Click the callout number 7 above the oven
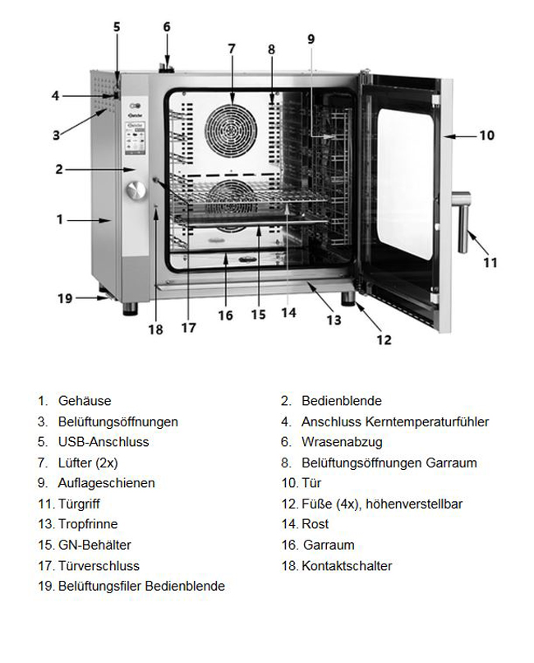coord(232,48)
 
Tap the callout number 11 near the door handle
coord(490,263)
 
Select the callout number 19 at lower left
coord(65,298)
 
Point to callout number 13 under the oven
coord(334,320)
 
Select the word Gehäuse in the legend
coord(85,401)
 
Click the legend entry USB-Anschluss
coord(104,442)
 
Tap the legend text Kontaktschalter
coord(347,566)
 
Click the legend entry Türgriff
coord(79,504)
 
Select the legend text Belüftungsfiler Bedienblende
coord(141,587)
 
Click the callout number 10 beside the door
coord(487,134)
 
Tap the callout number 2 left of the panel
coord(59,170)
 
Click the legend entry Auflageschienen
coord(106,483)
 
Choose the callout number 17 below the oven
coord(189,328)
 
